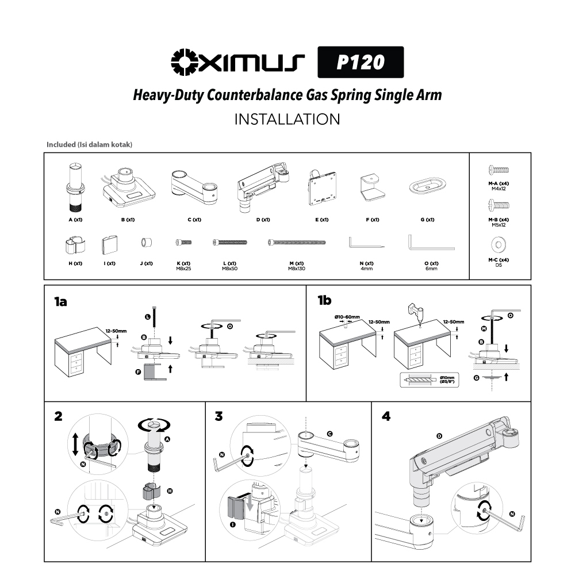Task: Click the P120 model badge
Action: [x=361, y=62]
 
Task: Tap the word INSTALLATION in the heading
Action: [x=287, y=119]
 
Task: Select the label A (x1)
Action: [x=74, y=220]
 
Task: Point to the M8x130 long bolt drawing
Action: [x=297, y=243]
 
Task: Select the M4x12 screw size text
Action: [x=498, y=188]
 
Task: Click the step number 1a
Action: [x=61, y=301]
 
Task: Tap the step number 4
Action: [x=386, y=416]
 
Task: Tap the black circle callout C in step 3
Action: [x=329, y=433]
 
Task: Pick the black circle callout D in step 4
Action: [x=440, y=436]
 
